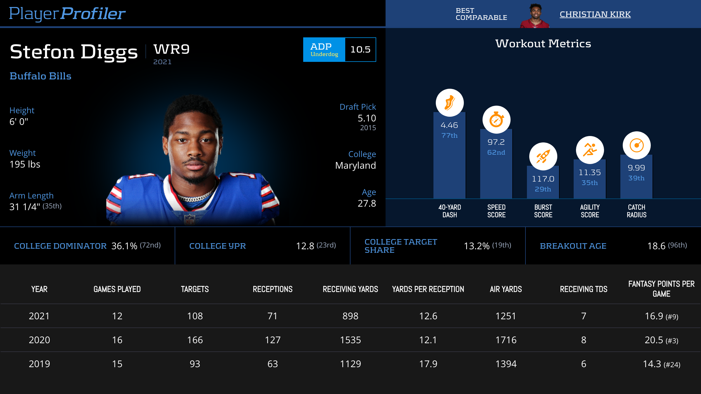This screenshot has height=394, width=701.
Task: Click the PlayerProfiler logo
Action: (67, 14)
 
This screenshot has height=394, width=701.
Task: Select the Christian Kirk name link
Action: (595, 14)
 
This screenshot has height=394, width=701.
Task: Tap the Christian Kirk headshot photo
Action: (535, 16)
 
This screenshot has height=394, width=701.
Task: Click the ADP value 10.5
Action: (360, 50)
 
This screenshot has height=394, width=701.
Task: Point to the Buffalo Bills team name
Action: (40, 76)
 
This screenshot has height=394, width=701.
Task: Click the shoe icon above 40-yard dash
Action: (450, 103)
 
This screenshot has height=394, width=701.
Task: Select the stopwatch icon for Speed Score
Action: (496, 120)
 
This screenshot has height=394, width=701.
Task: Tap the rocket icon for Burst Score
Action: (543, 156)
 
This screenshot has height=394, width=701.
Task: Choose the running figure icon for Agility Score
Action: (590, 150)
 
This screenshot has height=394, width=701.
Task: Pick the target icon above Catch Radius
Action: (636, 145)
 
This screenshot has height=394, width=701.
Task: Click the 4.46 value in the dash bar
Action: (449, 125)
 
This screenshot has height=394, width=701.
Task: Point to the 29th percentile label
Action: (543, 189)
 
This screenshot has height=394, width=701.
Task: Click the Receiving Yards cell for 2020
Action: (350, 340)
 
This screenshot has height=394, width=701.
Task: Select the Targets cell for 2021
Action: (195, 316)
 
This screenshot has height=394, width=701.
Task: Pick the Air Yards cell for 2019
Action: (506, 364)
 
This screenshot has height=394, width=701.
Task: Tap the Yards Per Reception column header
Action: (428, 289)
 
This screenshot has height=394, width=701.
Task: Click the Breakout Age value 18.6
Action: (656, 246)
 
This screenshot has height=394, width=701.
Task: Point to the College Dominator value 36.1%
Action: (124, 246)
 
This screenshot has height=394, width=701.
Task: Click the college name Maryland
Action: (355, 165)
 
